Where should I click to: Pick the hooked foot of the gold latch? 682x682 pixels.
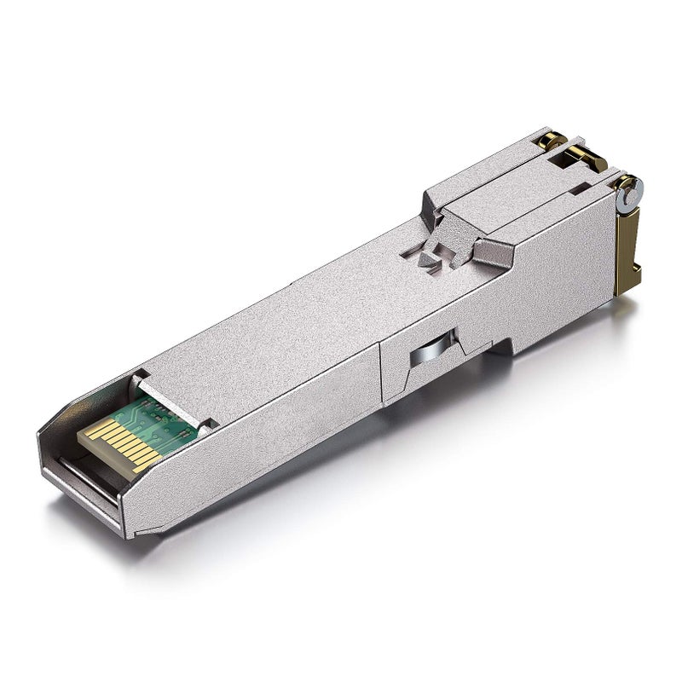tap(627, 286)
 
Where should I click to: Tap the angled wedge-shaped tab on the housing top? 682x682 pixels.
tap(494, 248)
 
